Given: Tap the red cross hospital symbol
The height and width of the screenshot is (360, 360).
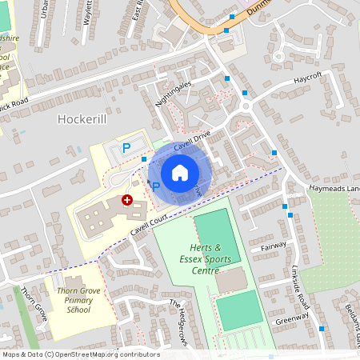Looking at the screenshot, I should tap(126, 201).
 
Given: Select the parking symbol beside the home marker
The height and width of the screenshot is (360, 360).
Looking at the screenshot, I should tap(156, 186).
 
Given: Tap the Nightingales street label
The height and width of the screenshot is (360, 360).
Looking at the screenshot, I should tap(174, 94).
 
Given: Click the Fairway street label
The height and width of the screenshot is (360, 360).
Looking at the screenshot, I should tap(273, 247).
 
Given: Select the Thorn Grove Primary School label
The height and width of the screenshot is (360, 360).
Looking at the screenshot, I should tap(78, 298).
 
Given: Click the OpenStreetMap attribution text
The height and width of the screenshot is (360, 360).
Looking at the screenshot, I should tap(80, 354).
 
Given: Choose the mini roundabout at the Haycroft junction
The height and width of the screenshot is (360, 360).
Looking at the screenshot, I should tap(246, 105).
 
